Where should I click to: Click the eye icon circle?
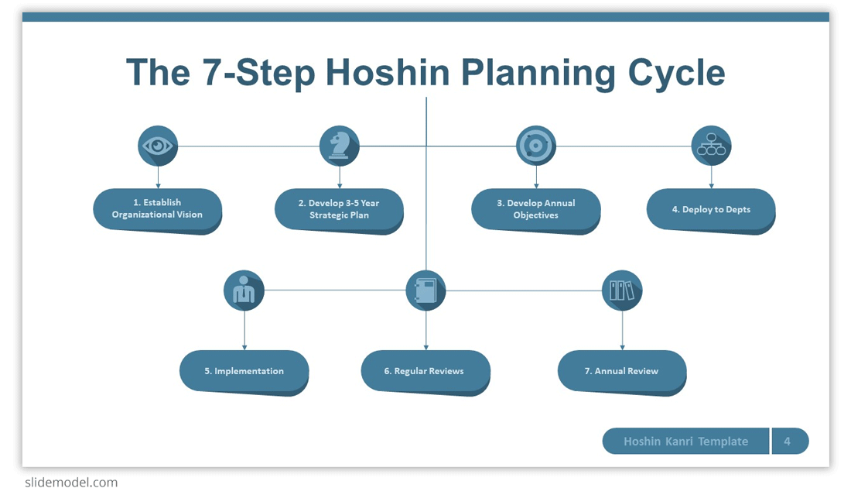(x=158, y=146)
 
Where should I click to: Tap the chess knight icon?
(x=340, y=146)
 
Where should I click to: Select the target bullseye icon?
(x=535, y=146)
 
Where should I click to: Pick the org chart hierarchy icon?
(x=711, y=146)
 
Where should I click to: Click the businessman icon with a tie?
(x=244, y=290)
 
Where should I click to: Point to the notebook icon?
(x=426, y=290)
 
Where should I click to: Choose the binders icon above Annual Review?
(x=622, y=290)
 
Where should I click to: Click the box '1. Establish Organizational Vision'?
(x=157, y=211)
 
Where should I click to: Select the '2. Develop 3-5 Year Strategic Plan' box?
(x=339, y=211)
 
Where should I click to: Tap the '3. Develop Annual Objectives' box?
(x=535, y=211)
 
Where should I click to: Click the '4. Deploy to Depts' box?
(x=711, y=211)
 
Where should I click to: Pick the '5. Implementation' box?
(x=244, y=373)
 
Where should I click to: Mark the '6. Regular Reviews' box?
(x=425, y=373)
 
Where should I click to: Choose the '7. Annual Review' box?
(x=622, y=373)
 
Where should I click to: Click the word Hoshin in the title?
(x=388, y=72)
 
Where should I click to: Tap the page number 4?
(x=787, y=442)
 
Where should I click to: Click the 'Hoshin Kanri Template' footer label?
(x=686, y=442)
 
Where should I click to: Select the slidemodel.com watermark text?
(x=71, y=483)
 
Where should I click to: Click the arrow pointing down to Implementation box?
(x=244, y=330)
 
